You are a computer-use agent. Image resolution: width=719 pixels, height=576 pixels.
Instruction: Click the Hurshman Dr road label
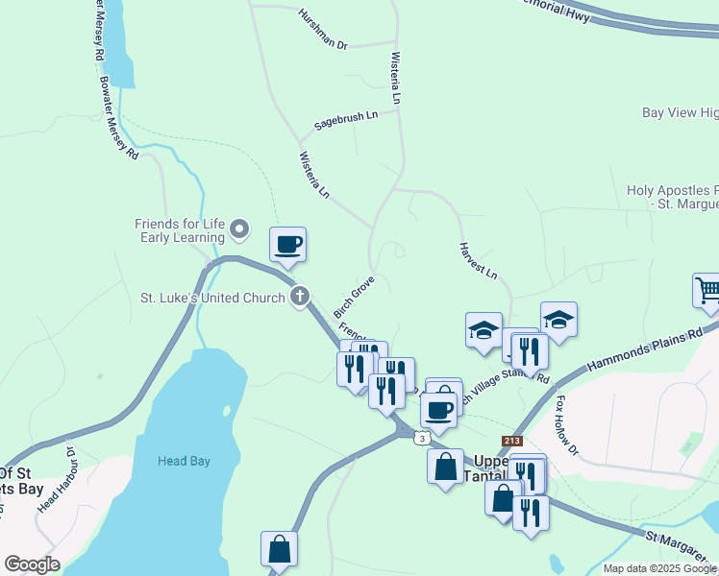tap(322, 31)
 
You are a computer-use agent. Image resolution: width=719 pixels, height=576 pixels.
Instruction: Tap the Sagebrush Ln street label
tap(346, 122)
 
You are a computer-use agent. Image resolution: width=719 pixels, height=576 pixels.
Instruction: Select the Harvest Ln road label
tap(477, 259)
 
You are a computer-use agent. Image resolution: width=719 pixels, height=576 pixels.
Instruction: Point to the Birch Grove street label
tap(353, 298)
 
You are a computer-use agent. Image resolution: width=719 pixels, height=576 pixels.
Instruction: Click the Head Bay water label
tap(184, 461)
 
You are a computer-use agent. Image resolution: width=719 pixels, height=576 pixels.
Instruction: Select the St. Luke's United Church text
tap(213, 298)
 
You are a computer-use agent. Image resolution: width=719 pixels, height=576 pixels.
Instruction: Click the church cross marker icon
tap(300, 297)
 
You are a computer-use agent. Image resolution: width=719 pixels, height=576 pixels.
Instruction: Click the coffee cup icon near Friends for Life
tap(287, 244)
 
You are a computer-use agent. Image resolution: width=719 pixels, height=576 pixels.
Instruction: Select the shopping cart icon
tap(707, 290)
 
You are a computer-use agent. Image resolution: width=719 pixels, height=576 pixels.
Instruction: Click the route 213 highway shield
tap(511, 441)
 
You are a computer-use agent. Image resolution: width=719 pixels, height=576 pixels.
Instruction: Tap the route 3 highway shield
tap(422, 438)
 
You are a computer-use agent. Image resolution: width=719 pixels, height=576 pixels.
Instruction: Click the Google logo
tap(32, 564)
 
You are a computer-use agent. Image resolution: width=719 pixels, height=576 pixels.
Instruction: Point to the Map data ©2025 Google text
tap(659, 568)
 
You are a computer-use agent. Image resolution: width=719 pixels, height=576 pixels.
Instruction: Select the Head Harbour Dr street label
tap(55, 480)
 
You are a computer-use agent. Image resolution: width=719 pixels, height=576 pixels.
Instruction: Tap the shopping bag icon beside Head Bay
tap(279, 549)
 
